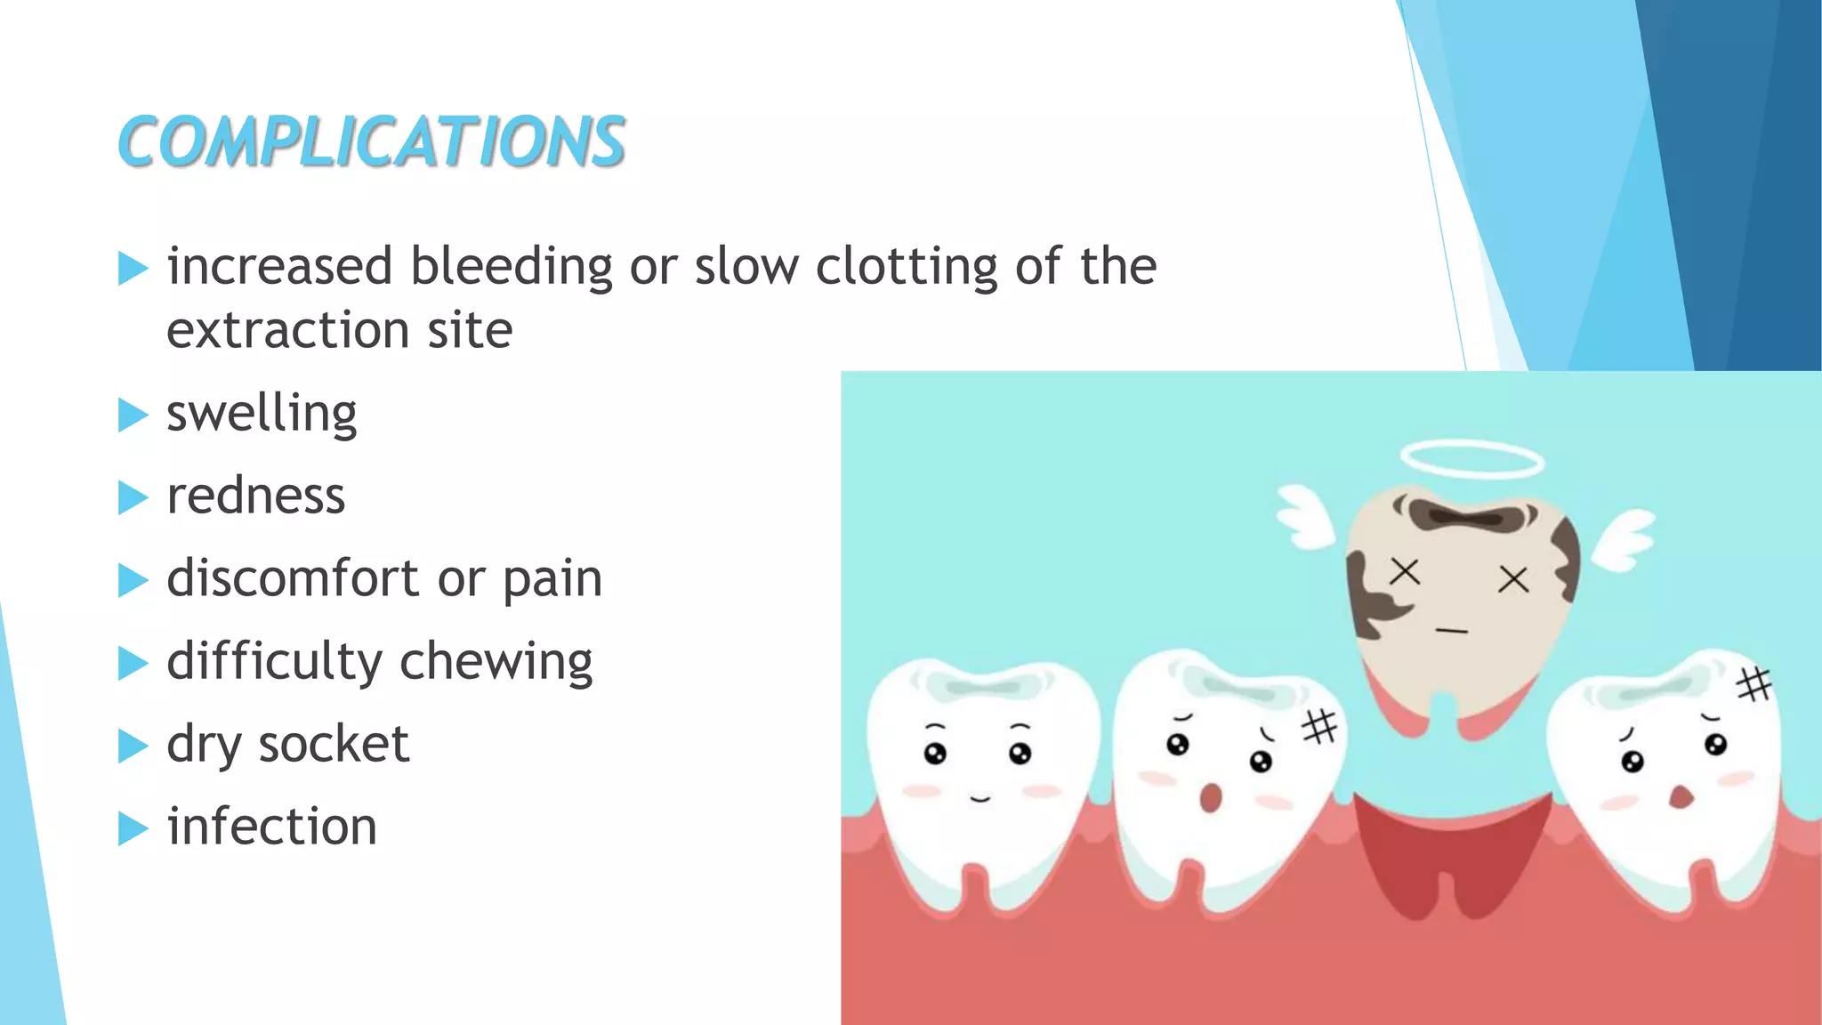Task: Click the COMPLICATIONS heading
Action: pos(371,141)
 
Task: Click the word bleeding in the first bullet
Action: pos(511,267)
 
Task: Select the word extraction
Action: pos(287,330)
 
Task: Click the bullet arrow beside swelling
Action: pos(133,415)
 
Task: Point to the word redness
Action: pos(255,496)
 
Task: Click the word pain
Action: pos(552,579)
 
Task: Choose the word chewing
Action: pos(496,662)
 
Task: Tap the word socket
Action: pos(334,744)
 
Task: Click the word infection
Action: pos(271,827)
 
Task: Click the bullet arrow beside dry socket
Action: pos(133,746)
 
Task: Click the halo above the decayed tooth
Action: pos(1471,460)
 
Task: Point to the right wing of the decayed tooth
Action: pos(1624,539)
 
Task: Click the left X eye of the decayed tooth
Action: pos(1405,571)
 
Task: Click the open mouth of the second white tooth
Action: pos(1210,797)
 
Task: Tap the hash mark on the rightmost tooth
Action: pos(1754,684)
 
